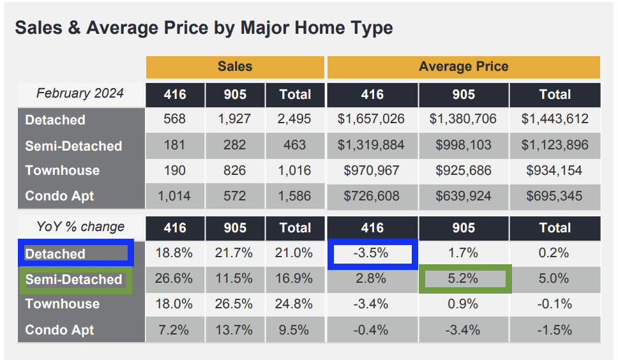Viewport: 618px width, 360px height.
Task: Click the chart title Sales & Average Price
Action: (x=204, y=28)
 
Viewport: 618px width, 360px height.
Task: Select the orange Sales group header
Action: (x=234, y=66)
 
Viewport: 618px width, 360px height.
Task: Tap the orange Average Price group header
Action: (x=463, y=66)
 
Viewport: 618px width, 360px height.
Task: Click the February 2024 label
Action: (x=80, y=93)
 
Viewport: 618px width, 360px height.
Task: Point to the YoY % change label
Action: (x=80, y=227)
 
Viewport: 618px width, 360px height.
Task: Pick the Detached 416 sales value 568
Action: (x=174, y=119)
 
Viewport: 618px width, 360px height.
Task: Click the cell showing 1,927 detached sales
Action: (x=234, y=119)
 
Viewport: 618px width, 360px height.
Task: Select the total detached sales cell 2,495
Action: (x=294, y=119)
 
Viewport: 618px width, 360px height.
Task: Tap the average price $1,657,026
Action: (x=372, y=119)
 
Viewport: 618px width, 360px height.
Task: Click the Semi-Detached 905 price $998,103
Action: (x=463, y=146)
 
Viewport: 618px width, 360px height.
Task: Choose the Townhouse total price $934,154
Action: (x=554, y=170)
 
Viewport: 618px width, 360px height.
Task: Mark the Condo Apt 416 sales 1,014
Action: (x=174, y=196)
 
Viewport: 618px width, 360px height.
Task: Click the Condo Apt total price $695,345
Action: (x=554, y=196)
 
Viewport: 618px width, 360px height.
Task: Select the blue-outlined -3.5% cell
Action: (x=372, y=253)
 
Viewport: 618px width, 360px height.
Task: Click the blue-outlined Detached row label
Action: (x=76, y=253)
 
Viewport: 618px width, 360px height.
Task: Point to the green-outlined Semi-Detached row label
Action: (x=75, y=280)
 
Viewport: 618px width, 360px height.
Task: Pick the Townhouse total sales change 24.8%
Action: (x=294, y=304)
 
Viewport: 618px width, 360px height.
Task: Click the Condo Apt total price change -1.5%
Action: (x=554, y=330)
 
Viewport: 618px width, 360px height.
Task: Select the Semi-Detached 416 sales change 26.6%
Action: (x=174, y=279)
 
